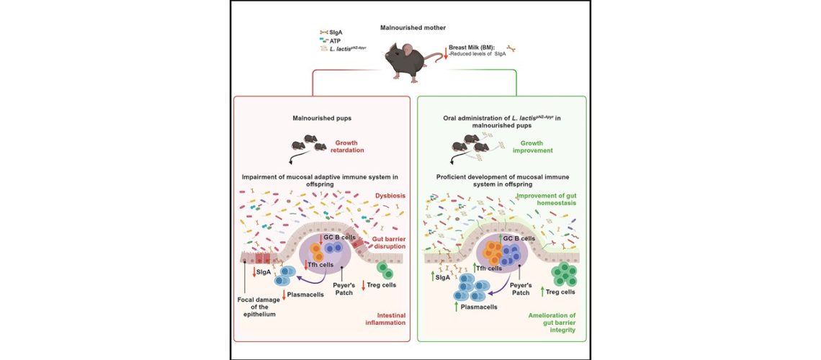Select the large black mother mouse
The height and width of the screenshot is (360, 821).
(409, 60)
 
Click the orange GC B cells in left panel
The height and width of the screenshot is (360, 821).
(317, 252)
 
